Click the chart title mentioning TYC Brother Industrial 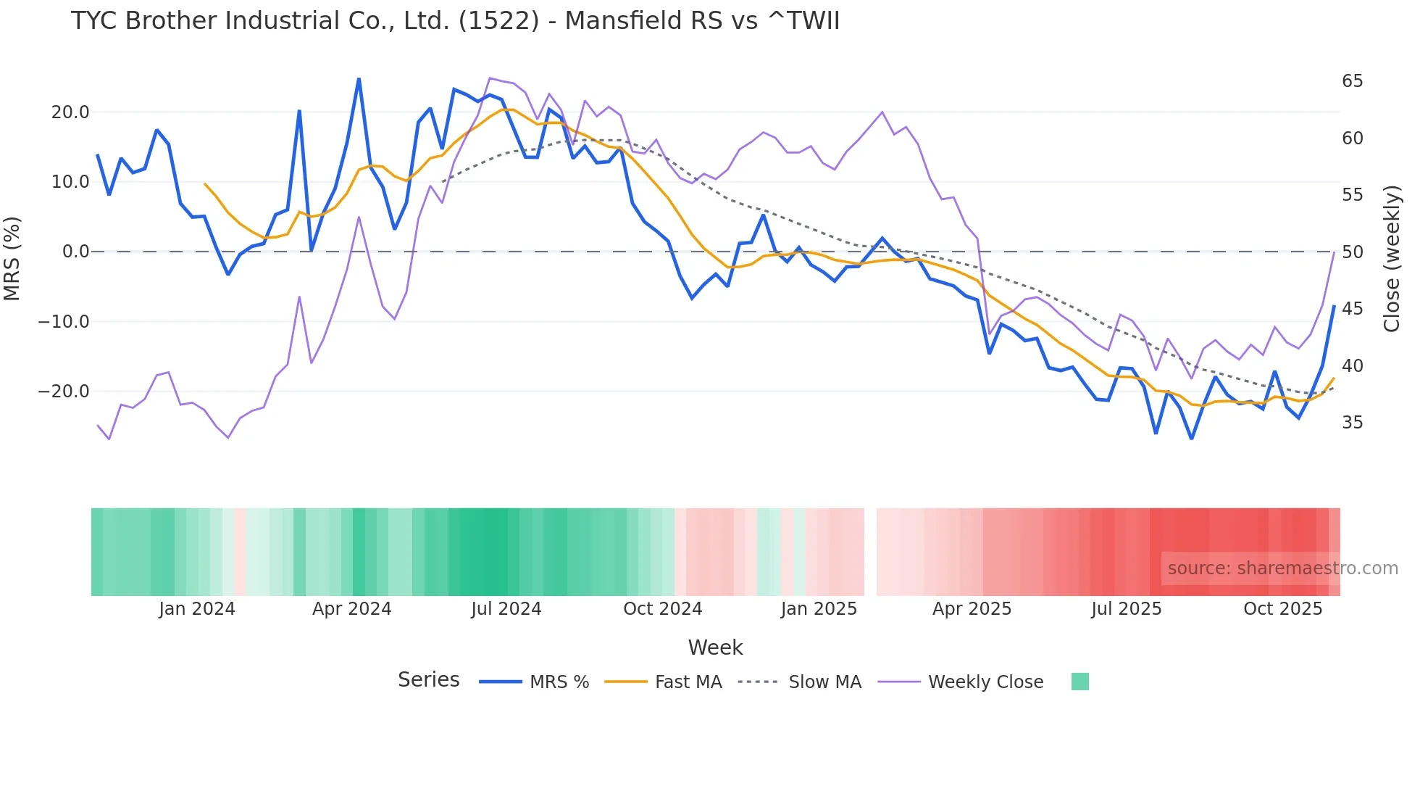tap(455, 20)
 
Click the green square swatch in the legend tap(1079, 682)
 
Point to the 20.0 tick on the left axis tap(70, 112)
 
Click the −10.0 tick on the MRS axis tap(64, 321)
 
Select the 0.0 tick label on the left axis tap(75, 252)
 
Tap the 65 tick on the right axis tap(1352, 81)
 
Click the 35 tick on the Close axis tap(1352, 423)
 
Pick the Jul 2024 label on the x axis tap(506, 609)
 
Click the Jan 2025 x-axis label tap(819, 609)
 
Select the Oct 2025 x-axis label tap(1282, 609)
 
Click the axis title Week tap(715, 647)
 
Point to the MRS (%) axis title tap(12, 258)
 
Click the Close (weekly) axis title tap(1391, 258)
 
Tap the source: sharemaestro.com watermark tap(1282, 568)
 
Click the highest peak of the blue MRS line tap(359, 79)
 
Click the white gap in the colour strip tap(870, 552)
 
